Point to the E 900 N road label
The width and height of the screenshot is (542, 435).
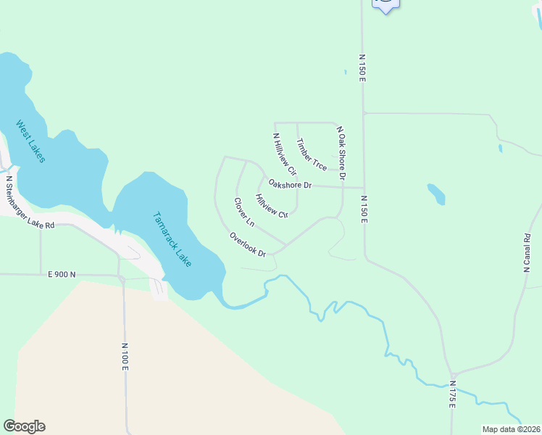tap(62, 274)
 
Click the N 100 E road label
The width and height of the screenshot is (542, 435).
tap(125, 357)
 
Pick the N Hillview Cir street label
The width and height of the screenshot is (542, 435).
tap(285, 154)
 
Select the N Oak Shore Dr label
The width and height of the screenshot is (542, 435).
tap(340, 153)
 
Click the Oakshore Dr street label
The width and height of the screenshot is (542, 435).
tap(289, 185)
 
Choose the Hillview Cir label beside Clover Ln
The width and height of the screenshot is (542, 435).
tap(272, 206)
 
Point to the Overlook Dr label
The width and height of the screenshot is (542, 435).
tap(248, 244)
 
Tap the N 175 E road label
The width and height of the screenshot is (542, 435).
tap(452, 394)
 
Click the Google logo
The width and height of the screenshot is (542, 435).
tap(24, 426)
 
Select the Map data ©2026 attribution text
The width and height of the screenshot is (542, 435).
tap(511, 429)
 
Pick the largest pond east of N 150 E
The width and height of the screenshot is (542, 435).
tap(436, 194)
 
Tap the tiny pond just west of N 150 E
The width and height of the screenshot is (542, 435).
tap(346, 72)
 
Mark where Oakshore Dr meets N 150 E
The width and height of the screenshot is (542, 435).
tap(364, 187)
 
